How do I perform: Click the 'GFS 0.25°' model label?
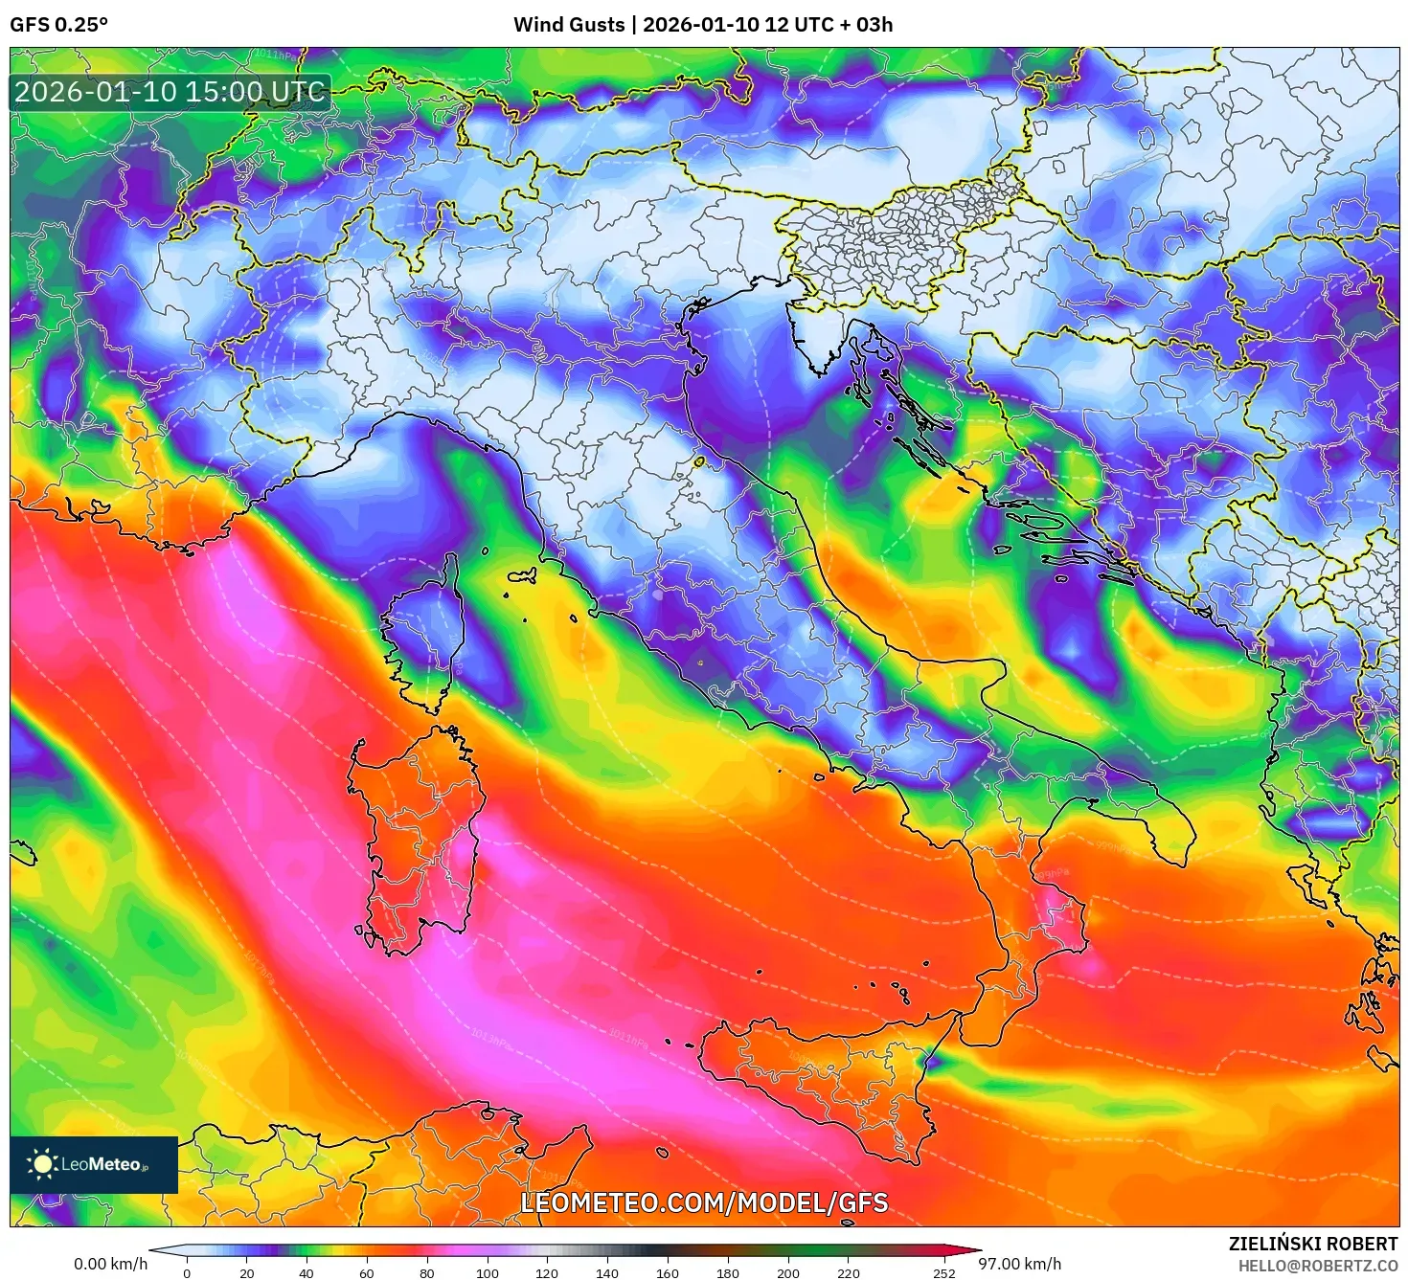tap(58, 25)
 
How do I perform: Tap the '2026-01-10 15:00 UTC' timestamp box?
tap(170, 93)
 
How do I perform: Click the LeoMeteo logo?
tap(94, 1164)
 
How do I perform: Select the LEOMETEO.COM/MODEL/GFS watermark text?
tap(704, 1202)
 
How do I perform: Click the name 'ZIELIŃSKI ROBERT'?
tap(1312, 1244)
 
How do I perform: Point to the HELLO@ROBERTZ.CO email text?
tap(1317, 1265)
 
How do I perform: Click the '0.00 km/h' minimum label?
tap(110, 1264)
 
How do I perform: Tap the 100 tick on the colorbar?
tap(488, 1273)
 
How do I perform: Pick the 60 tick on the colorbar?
tap(367, 1273)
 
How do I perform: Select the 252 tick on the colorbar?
tap(944, 1273)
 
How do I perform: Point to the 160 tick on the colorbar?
tap(668, 1273)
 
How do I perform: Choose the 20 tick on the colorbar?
tap(247, 1273)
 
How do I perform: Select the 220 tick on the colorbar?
tap(848, 1273)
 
